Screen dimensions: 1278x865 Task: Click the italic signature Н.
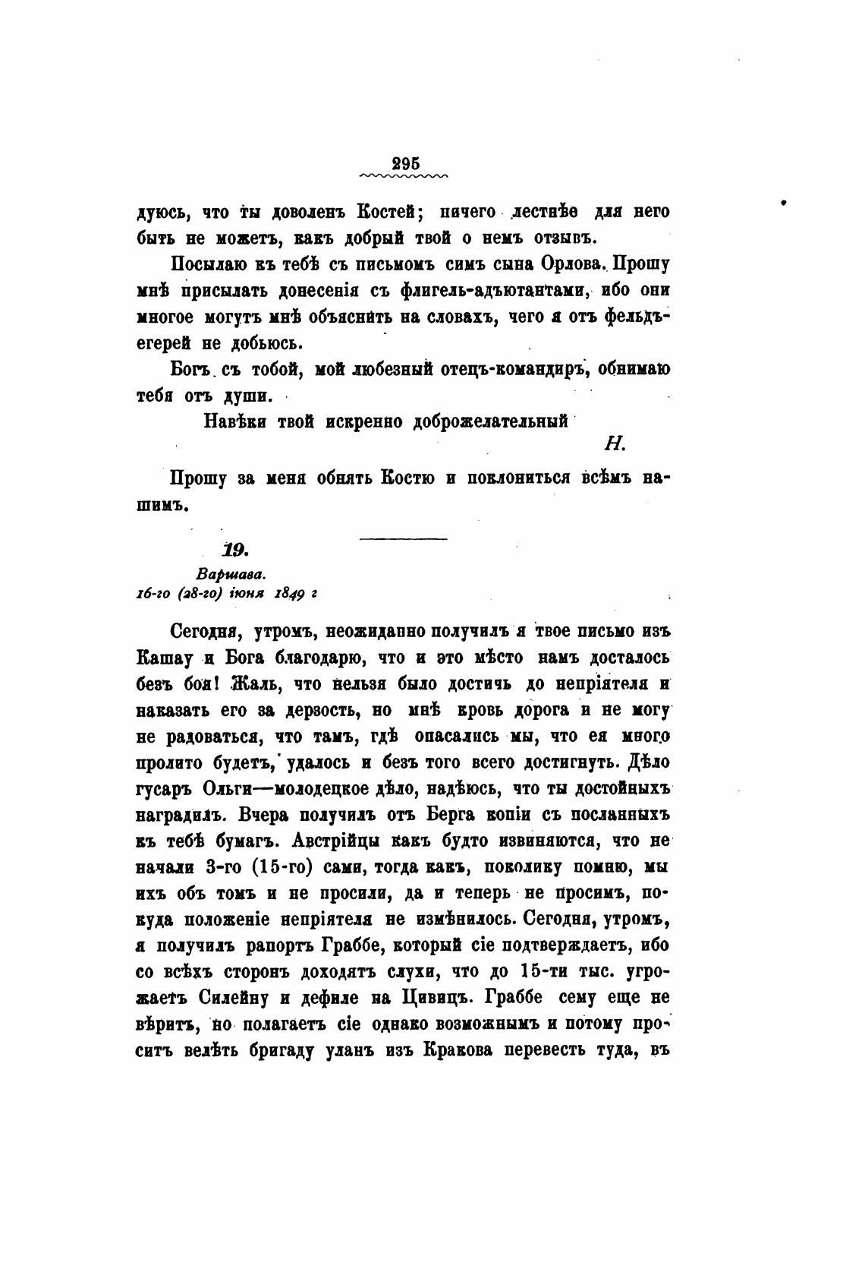(615, 445)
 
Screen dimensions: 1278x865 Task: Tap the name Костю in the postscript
(408, 479)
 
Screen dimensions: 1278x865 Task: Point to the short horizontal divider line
(402, 539)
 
